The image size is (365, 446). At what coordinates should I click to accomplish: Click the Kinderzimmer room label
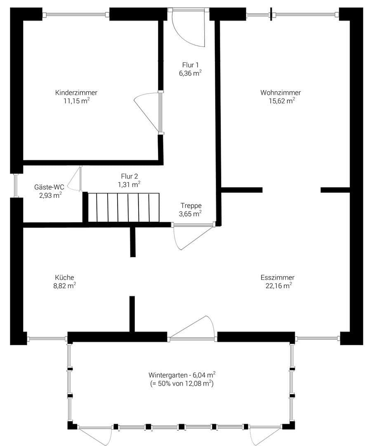point(76,93)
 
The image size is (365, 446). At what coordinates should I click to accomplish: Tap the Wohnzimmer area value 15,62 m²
point(281,100)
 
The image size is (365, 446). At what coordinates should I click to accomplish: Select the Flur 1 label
point(191,65)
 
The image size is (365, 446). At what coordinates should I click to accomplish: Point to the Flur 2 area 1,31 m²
point(129,185)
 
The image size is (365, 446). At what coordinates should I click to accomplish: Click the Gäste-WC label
point(49,187)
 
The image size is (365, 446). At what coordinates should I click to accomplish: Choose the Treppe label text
point(191,206)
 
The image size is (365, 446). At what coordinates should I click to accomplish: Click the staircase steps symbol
point(123,207)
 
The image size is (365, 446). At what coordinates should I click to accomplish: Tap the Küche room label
point(64,278)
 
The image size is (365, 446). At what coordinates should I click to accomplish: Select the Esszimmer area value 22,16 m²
point(278,285)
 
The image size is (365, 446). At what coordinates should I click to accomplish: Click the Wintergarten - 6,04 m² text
point(182,375)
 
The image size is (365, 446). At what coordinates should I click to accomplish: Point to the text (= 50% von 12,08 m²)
point(182,384)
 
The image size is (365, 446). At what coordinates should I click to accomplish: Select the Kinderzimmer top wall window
point(76,15)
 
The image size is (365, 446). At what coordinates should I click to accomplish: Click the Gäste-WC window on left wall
point(16,185)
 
